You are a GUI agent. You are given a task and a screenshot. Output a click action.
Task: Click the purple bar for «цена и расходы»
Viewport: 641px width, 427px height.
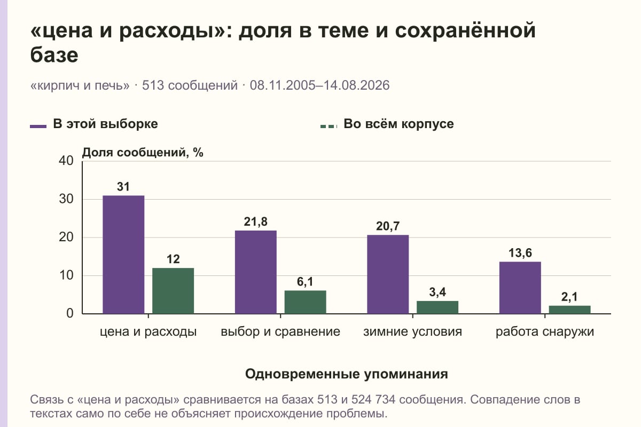(x=123, y=255)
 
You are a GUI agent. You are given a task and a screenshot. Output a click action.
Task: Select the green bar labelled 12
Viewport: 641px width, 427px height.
(x=173, y=291)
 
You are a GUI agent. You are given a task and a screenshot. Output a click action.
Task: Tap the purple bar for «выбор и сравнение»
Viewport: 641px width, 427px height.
(x=256, y=272)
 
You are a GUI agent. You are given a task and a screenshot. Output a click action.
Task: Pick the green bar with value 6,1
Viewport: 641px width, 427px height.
(x=305, y=302)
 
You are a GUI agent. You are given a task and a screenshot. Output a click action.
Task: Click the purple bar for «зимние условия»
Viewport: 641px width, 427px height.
(x=388, y=274)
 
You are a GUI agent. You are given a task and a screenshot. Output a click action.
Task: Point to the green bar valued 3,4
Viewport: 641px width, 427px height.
(x=437, y=307)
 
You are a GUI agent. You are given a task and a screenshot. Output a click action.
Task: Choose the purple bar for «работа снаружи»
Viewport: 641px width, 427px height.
(x=520, y=288)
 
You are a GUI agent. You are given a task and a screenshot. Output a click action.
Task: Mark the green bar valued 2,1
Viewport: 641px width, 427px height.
(x=569, y=310)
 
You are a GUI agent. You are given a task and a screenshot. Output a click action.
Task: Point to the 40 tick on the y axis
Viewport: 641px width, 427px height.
(x=66, y=161)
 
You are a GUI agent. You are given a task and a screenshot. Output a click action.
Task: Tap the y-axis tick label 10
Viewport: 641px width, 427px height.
(x=66, y=275)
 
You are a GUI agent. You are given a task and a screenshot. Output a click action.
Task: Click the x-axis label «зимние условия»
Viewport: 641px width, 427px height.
(x=412, y=332)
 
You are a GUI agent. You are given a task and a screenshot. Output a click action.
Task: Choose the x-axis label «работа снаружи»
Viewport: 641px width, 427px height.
(x=545, y=332)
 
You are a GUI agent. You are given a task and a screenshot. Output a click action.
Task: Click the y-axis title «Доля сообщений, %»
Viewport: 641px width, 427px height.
(x=143, y=153)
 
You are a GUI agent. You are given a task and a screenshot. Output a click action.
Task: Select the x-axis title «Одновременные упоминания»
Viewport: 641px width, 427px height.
(x=347, y=374)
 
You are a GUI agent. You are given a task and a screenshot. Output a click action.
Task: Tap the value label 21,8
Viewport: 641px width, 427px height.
(x=256, y=222)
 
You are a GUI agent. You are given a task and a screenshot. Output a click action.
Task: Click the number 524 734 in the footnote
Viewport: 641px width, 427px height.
(x=373, y=400)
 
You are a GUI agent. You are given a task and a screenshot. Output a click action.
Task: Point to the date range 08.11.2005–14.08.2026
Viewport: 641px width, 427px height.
(x=319, y=85)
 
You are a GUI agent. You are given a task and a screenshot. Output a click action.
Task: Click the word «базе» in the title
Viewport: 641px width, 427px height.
(x=54, y=55)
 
